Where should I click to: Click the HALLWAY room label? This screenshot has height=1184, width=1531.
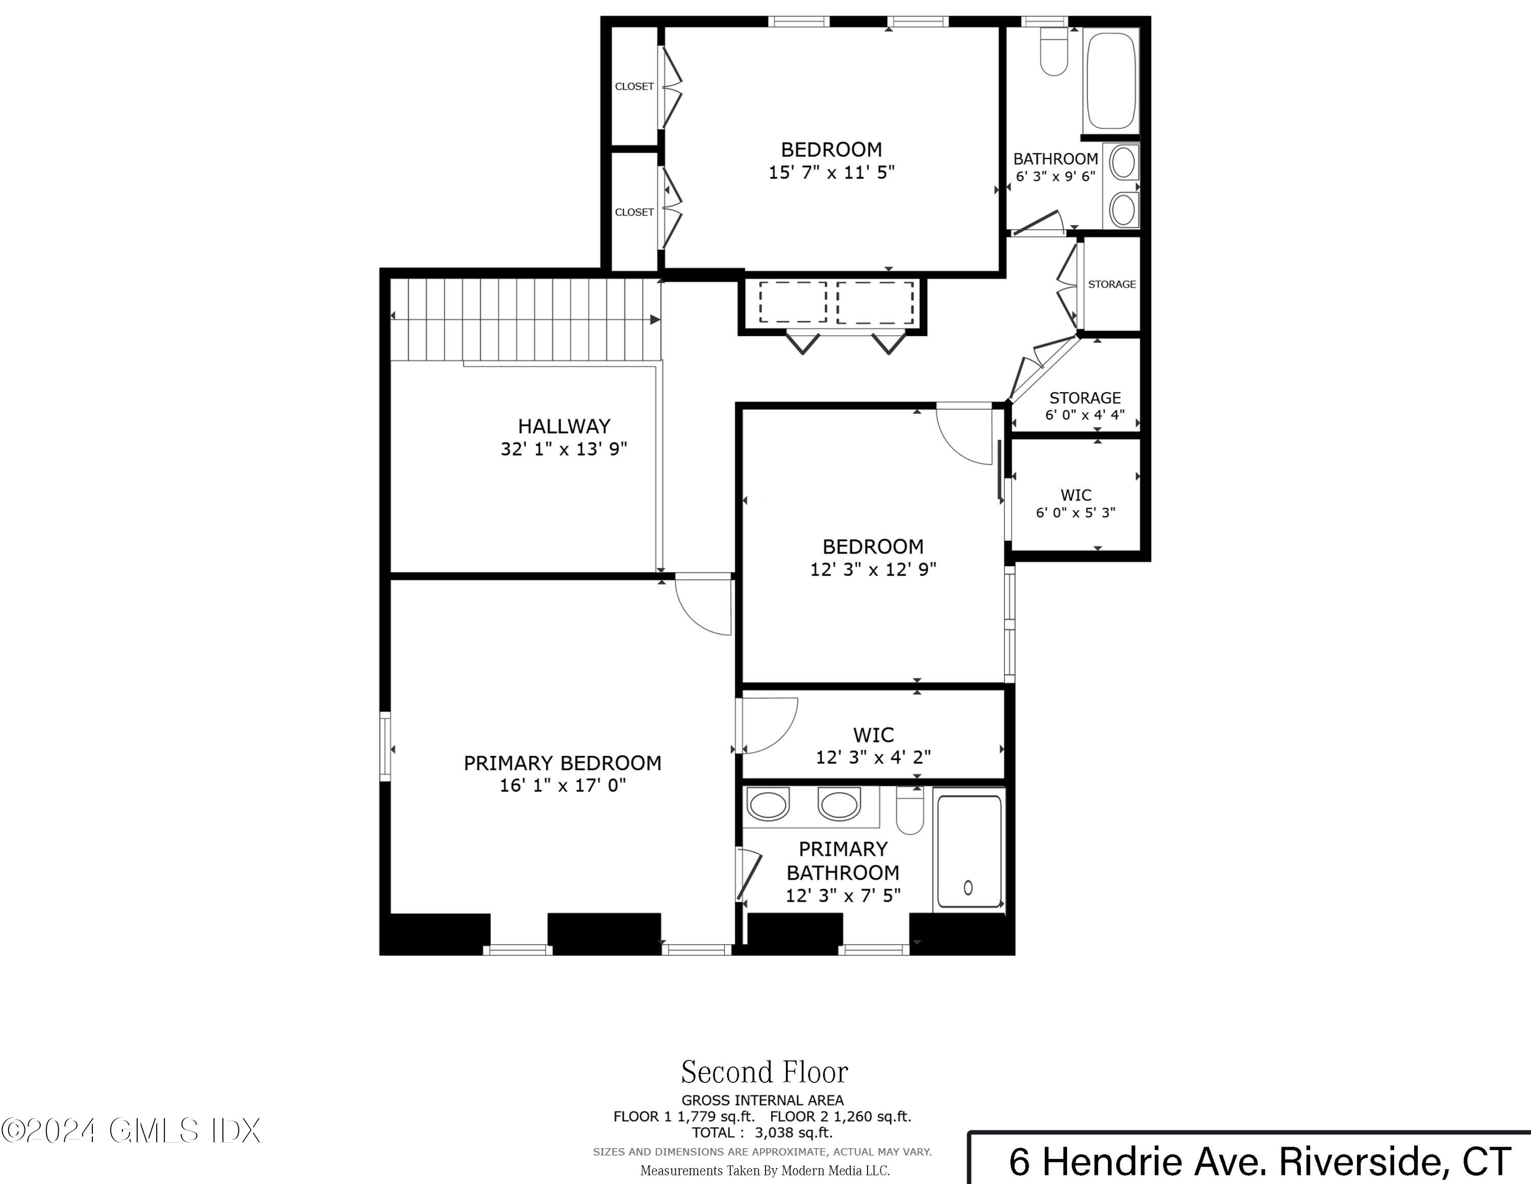point(563,426)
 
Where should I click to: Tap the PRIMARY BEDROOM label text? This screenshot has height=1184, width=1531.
point(562,763)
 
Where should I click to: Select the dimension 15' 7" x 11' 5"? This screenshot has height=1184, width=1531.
point(831,173)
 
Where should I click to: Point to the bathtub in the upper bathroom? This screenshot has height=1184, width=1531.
point(1110,81)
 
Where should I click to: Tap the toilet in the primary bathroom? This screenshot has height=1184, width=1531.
point(909,813)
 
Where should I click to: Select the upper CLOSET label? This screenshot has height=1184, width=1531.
point(634,86)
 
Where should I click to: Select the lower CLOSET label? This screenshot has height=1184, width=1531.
point(634,212)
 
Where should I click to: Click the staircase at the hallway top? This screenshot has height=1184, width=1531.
point(526,319)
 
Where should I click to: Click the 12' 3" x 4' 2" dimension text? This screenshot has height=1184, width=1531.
point(873,757)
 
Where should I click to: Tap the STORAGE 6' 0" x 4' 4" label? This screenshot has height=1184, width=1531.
point(1084,406)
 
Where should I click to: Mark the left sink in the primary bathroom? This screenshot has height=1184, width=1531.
point(768,805)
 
